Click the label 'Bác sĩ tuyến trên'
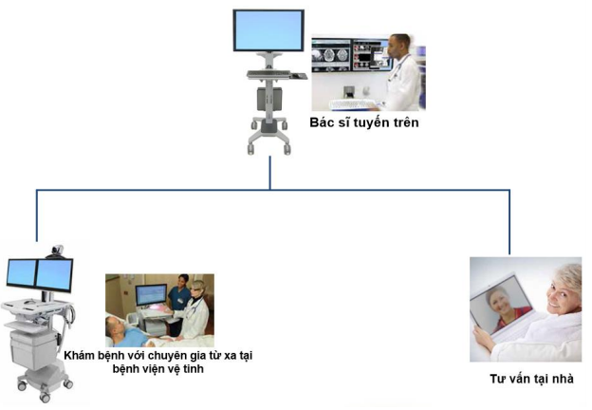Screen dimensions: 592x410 pyautogui.click(x=364, y=122)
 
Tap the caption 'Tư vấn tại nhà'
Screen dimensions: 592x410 pyautogui.click(x=531, y=379)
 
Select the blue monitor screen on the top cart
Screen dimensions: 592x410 pyautogui.click(x=268, y=30)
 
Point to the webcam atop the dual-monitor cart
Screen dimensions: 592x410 pyautogui.click(x=57, y=251)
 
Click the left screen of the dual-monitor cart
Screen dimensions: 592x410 pyautogui.click(x=22, y=272)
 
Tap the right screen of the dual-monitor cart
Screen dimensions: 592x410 pyautogui.click(x=54, y=275)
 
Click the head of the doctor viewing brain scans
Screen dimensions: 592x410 pyautogui.click(x=398, y=46)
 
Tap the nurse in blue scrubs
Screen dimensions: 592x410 pyautogui.click(x=179, y=303)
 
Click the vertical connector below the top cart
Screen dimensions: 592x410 pyautogui.click(x=270, y=173)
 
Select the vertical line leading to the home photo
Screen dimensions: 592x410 pyautogui.click(x=509, y=222)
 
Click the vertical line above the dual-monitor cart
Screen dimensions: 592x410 pyautogui.click(x=37, y=215)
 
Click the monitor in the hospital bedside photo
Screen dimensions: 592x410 pyautogui.click(x=151, y=294)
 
